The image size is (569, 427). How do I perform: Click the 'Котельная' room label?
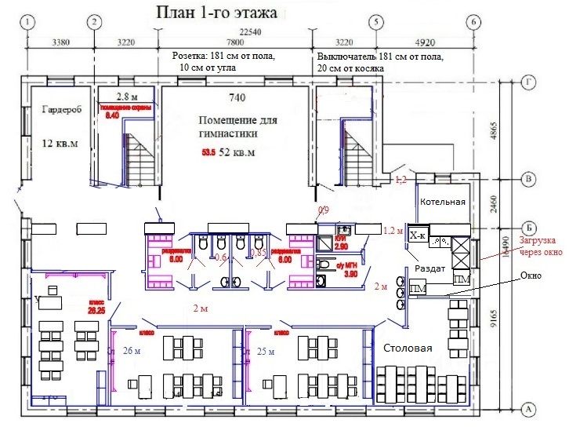point(443,202)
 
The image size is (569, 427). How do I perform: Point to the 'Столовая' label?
point(408,348)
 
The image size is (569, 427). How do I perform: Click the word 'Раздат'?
point(430,268)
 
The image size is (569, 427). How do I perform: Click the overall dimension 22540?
point(251,31)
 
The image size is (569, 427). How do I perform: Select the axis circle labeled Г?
point(528,81)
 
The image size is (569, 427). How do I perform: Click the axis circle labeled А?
point(528,409)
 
